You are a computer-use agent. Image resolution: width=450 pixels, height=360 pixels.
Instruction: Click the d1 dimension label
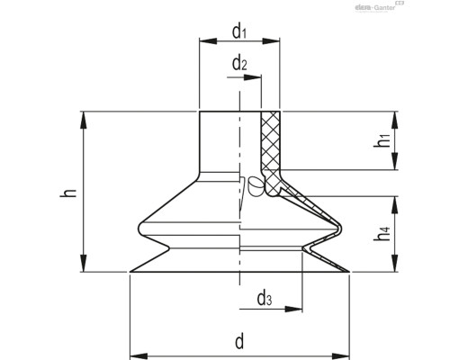coord(239,32)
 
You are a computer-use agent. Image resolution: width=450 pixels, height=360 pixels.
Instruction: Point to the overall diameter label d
coord(239,342)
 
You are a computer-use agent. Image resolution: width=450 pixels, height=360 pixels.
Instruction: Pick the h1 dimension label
coord(383,140)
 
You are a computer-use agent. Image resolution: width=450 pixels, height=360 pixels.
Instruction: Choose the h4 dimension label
coord(384,232)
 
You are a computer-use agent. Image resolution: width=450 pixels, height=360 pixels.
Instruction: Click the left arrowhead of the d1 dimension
coord(203,42)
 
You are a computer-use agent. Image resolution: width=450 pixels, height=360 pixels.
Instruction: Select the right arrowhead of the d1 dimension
coord(275,42)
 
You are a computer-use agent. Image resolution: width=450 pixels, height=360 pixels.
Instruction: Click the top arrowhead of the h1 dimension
coord(394,115)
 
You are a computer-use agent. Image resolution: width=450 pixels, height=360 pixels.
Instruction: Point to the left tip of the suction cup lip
coord(130,272)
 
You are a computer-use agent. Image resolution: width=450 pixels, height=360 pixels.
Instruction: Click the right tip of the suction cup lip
coord(350,272)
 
